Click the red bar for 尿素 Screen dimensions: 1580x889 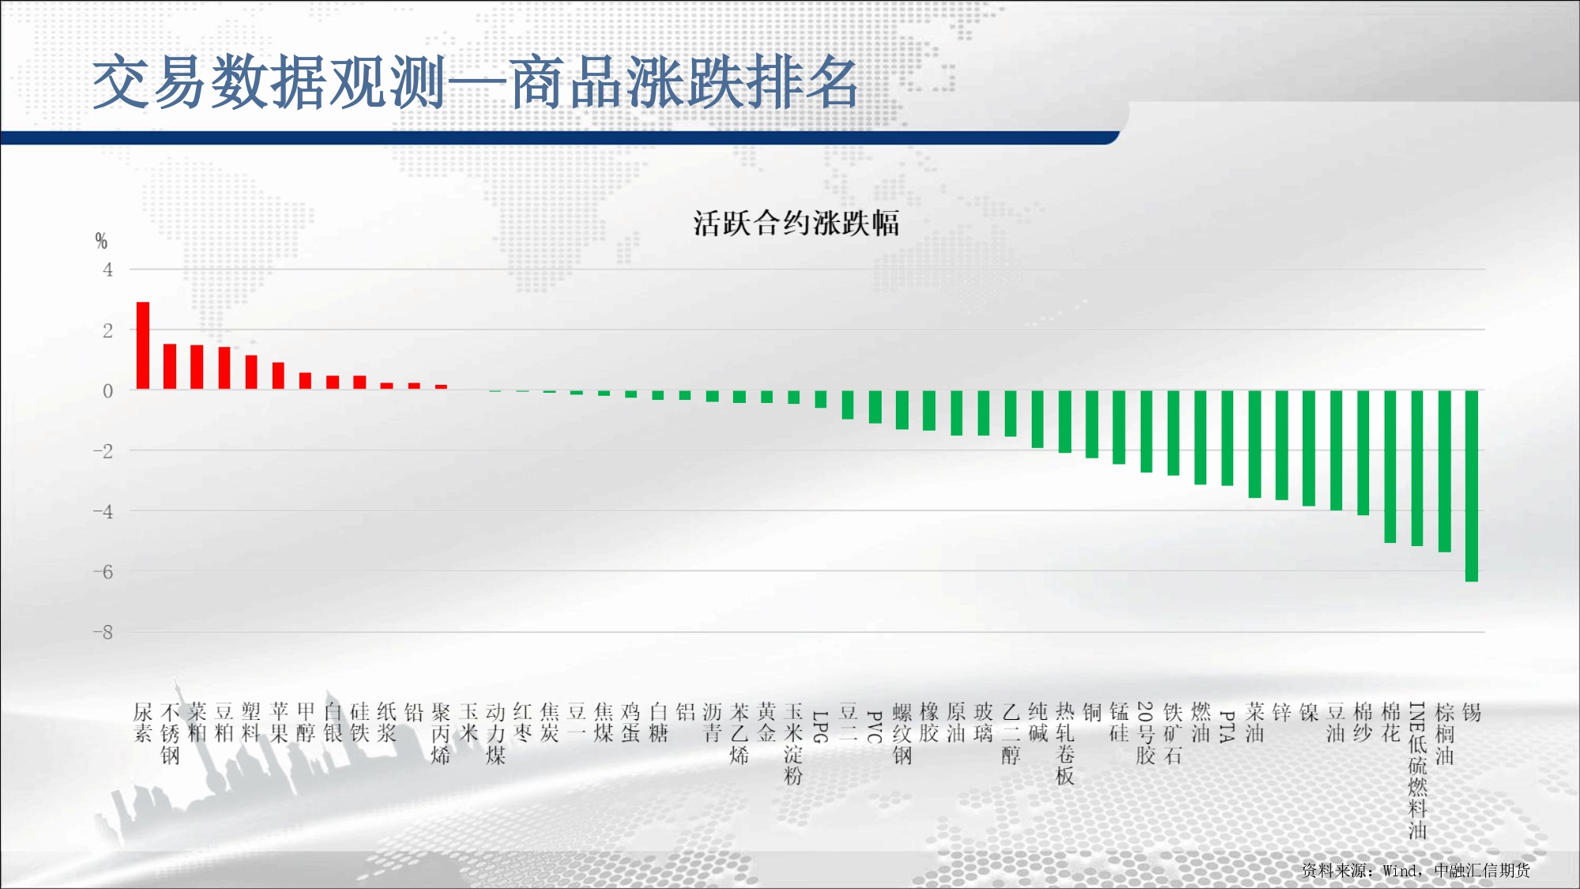[x=143, y=345]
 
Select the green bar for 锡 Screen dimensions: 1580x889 [x=1472, y=486]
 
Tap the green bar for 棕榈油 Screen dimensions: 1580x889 [x=1445, y=471]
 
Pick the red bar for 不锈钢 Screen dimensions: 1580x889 [x=170, y=367]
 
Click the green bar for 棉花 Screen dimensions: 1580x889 [x=1390, y=466]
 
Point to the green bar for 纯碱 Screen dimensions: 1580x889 [x=1038, y=419]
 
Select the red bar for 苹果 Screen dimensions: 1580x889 [x=278, y=376]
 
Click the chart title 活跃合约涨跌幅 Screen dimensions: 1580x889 [x=796, y=223]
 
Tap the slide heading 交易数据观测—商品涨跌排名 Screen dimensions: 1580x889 [x=476, y=82]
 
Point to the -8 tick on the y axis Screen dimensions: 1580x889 [x=103, y=632]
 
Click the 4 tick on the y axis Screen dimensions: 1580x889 [x=108, y=269]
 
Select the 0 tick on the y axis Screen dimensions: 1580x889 [x=108, y=390]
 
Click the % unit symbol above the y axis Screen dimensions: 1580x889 [x=101, y=240]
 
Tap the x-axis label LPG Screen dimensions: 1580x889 [x=821, y=726]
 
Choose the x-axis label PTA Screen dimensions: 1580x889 [x=1228, y=726]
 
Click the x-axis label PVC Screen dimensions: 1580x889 [x=875, y=726]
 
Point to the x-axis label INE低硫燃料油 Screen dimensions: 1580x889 [x=1418, y=770]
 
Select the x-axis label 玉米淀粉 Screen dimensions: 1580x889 [x=794, y=744]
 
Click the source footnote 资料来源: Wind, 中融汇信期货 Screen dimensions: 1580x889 [x=1416, y=870]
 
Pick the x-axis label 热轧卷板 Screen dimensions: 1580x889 [x=1065, y=744]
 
